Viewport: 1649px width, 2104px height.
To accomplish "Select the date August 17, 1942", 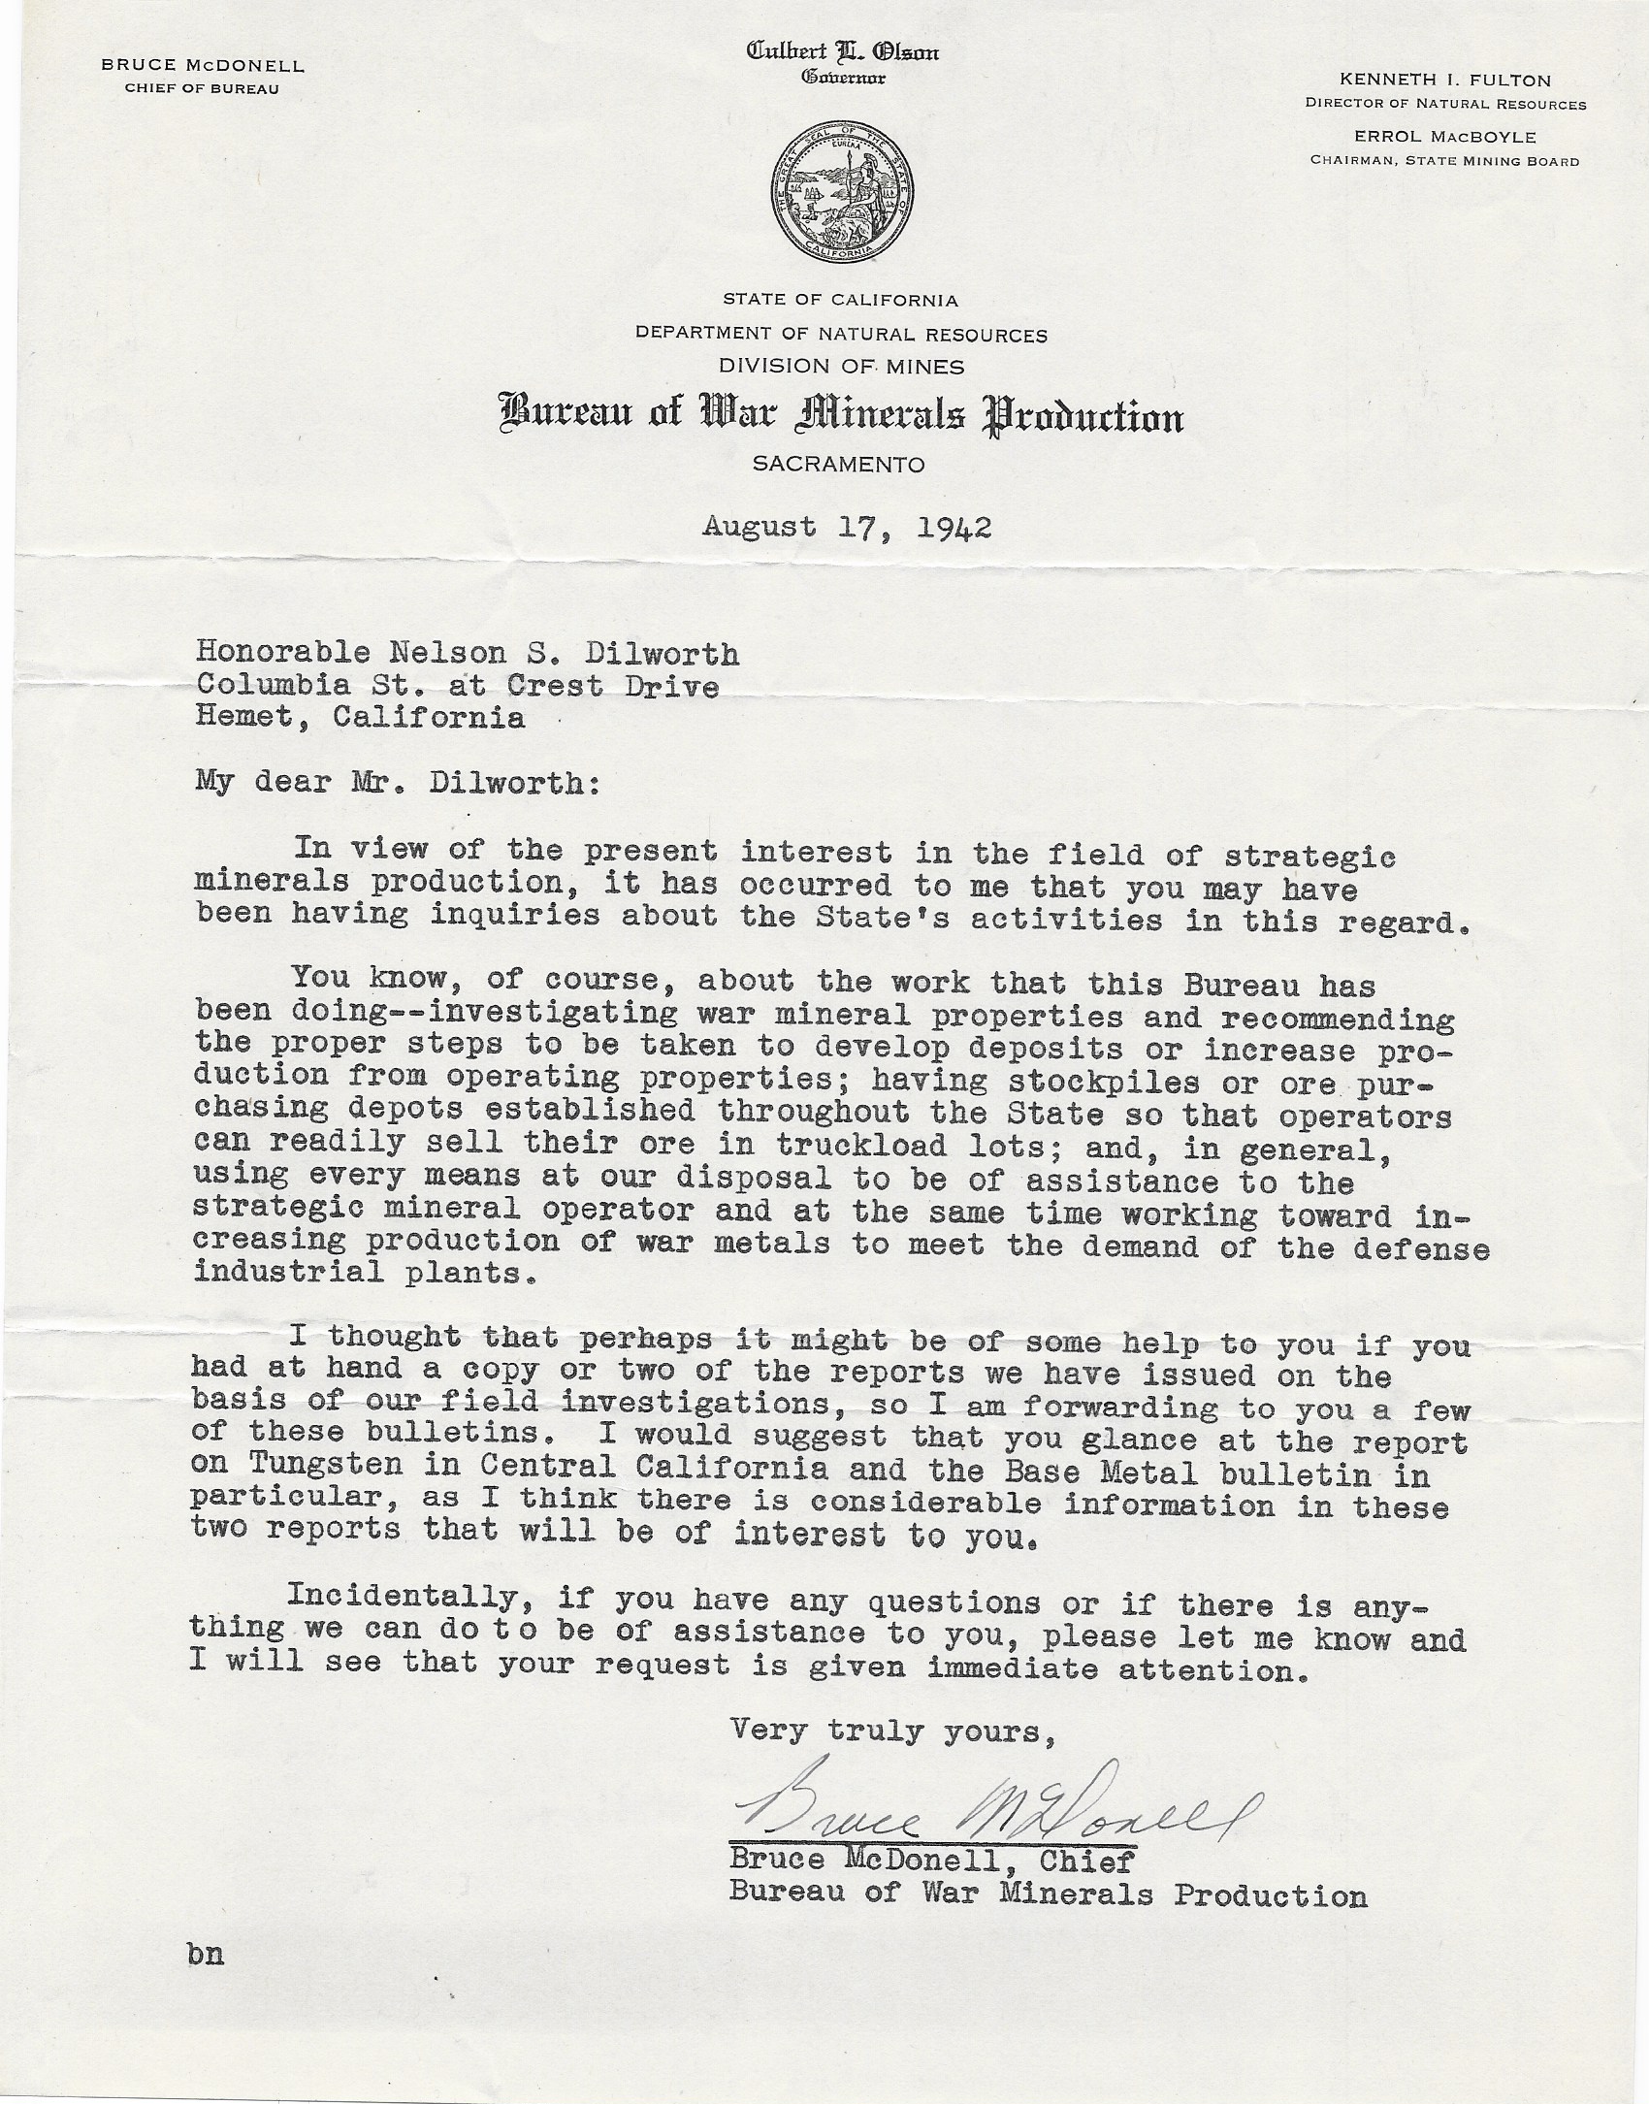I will point(847,527).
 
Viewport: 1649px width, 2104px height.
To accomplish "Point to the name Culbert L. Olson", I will point(841,53).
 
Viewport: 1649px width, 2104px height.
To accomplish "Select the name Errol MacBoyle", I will point(1445,137).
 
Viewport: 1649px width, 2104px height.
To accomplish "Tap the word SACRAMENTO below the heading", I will point(839,465).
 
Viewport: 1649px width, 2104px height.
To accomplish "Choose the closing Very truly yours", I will point(892,1730).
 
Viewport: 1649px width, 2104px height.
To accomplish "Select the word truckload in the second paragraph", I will point(831,1145).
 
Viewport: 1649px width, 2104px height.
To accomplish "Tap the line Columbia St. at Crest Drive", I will point(457,686).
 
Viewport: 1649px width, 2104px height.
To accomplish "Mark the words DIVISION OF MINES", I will point(841,366).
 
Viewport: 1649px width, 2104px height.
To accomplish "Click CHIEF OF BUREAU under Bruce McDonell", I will point(202,89).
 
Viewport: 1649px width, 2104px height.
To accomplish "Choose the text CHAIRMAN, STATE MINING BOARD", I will point(1444,161).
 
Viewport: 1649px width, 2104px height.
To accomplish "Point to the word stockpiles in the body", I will point(1095,1080).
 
